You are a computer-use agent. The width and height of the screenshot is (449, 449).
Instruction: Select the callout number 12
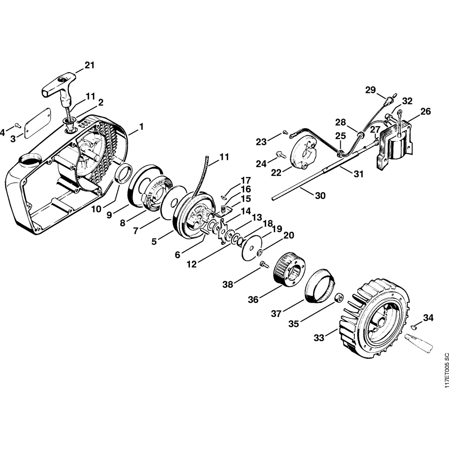192,265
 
